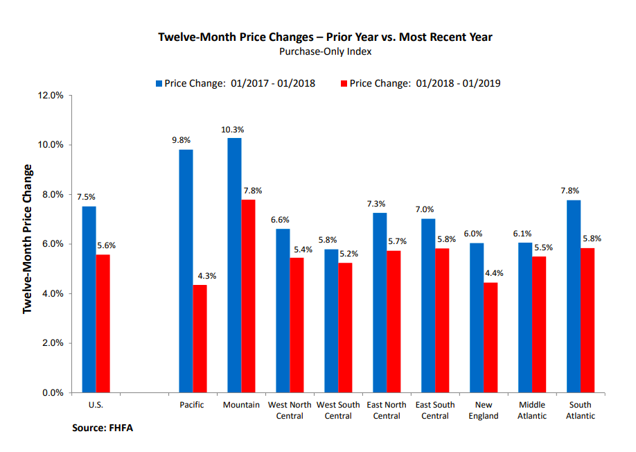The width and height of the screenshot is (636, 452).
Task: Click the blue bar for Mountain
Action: click(x=234, y=265)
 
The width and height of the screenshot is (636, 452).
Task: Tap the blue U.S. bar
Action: click(x=89, y=299)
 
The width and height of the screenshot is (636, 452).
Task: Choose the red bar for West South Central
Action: click(x=345, y=327)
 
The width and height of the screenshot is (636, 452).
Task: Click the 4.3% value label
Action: click(x=206, y=276)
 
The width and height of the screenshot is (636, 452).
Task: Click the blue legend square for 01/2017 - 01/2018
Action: click(x=159, y=83)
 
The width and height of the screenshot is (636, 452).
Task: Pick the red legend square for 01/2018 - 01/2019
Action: click(x=343, y=83)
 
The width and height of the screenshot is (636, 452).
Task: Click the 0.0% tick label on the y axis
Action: click(x=52, y=393)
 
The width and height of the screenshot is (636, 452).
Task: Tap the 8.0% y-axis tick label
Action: click(x=52, y=195)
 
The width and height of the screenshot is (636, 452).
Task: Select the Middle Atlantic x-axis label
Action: click(x=532, y=410)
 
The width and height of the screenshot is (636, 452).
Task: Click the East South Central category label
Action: click(x=435, y=410)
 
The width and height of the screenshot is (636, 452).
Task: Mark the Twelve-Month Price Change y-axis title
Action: click(x=28, y=239)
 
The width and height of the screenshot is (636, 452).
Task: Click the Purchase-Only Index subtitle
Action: click(x=326, y=51)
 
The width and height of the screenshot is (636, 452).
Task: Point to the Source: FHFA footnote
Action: click(x=103, y=428)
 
